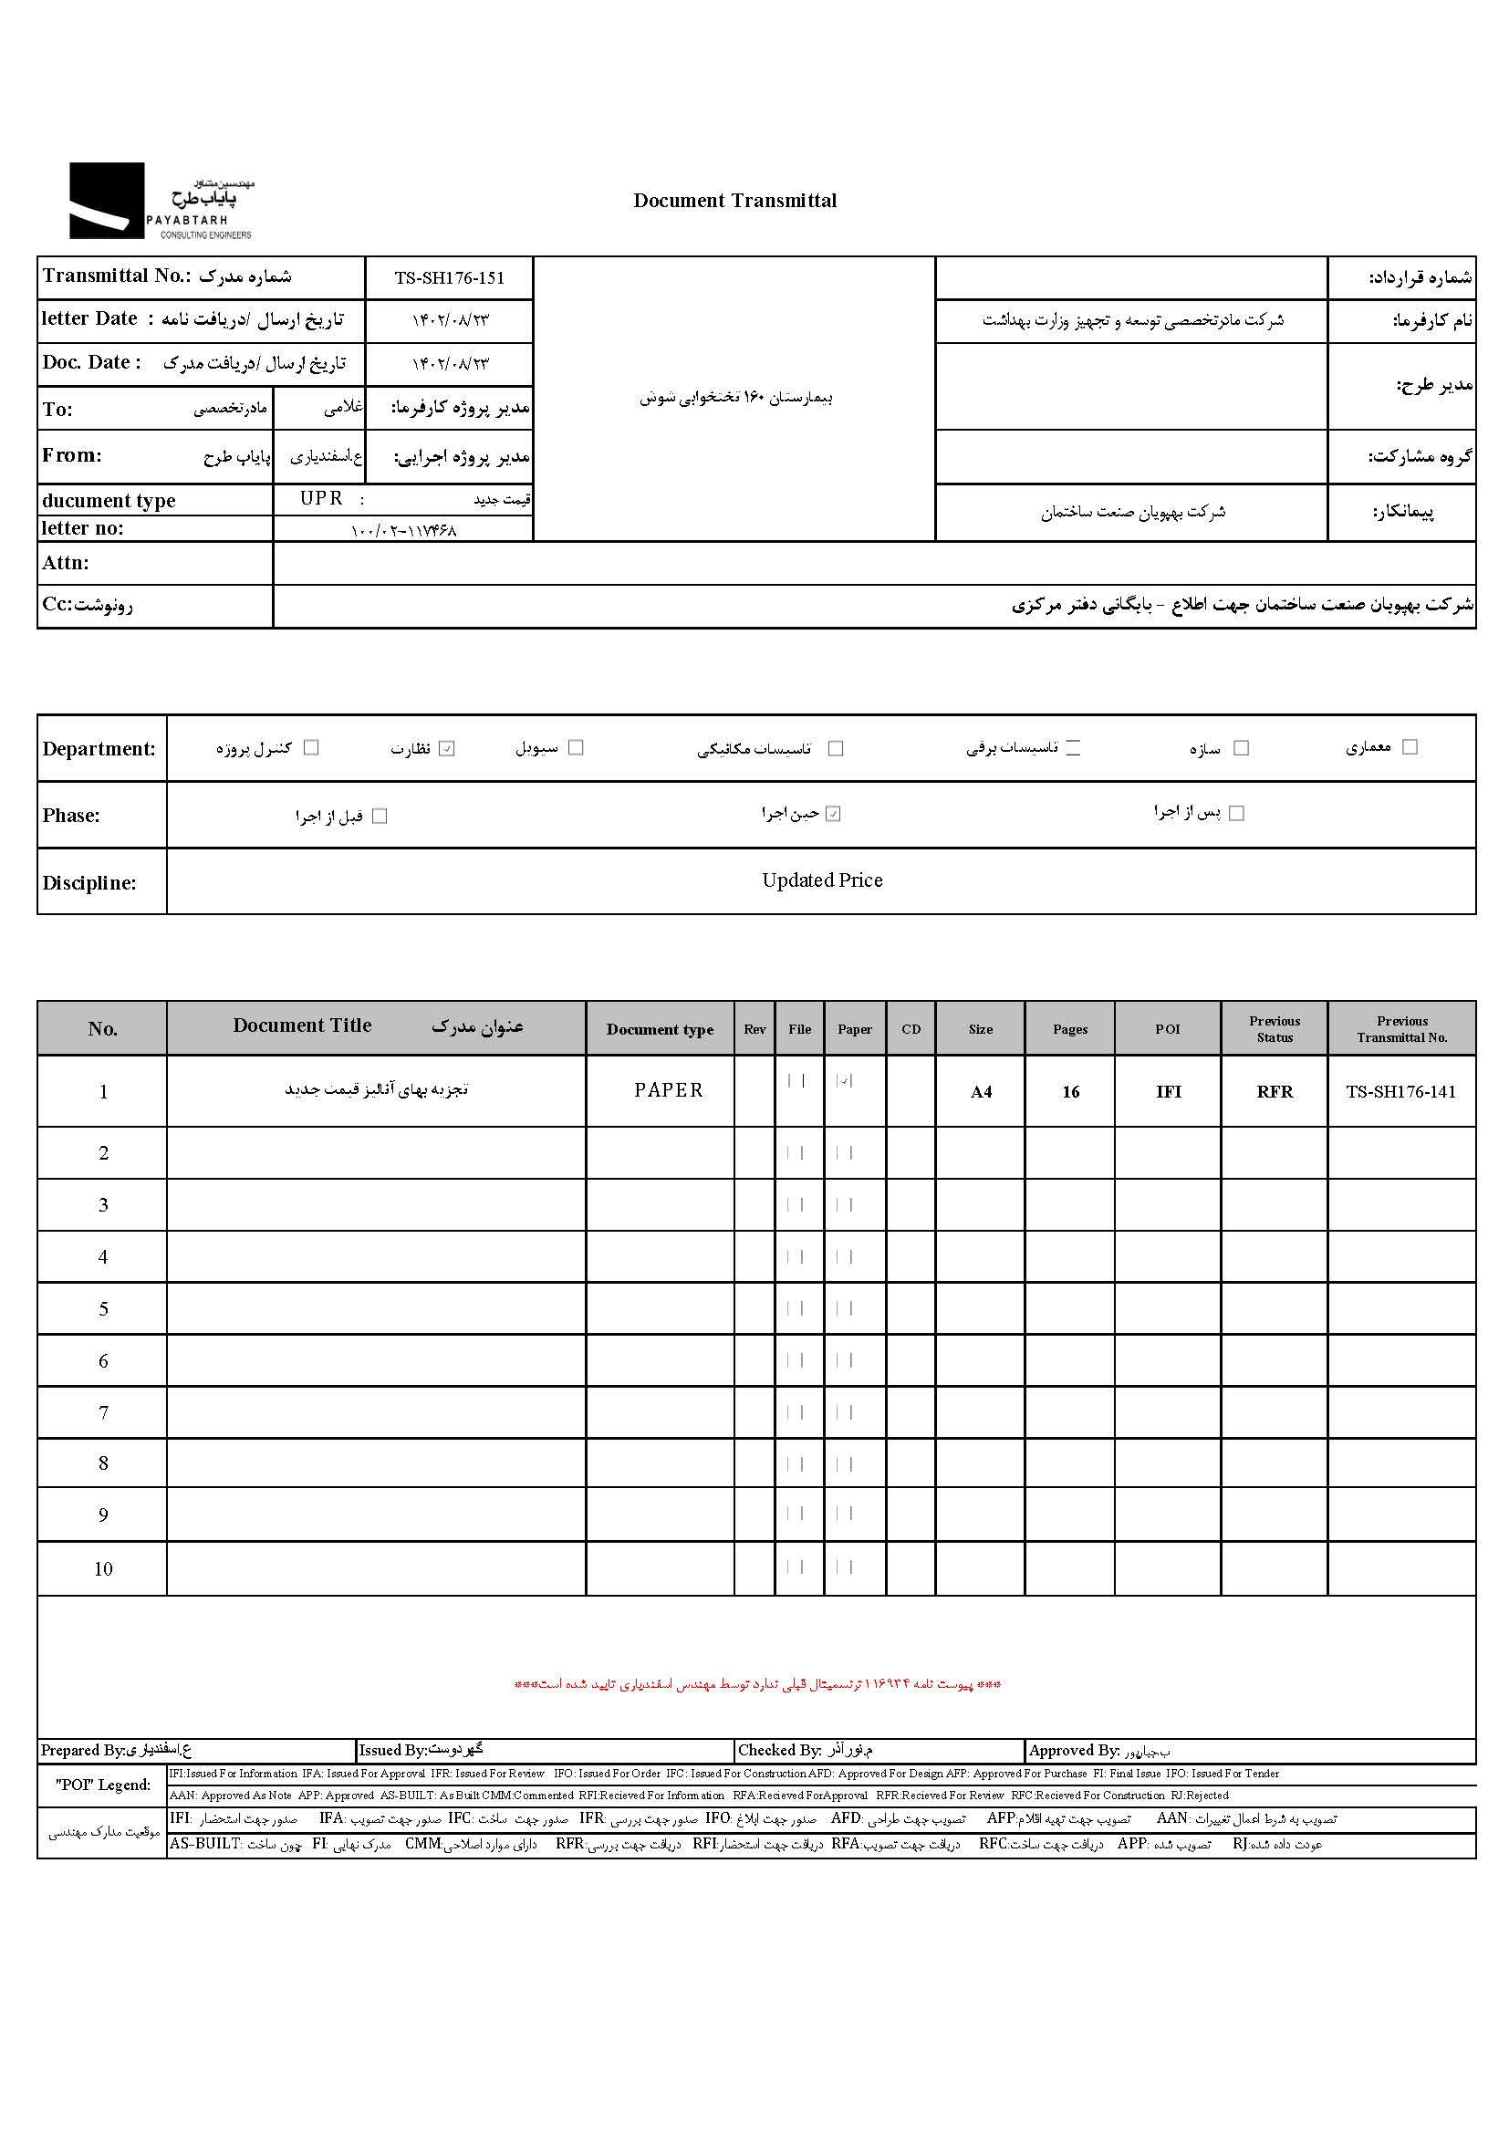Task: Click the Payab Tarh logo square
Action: [x=107, y=201]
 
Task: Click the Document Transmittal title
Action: [x=734, y=201]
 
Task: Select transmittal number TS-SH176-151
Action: [x=449, y=278]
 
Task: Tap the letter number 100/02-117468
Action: [x=403, y=531]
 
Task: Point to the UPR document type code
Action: [x=321, y=499]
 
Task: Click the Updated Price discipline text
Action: [x=821, y=880]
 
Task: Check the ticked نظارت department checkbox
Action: [x=447, y=748]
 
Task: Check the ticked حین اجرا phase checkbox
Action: [x=834, y=814]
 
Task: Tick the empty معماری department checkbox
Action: [x=1410, y=747]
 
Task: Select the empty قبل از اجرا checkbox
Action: [x=380, y=816]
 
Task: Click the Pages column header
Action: [x=1069, y=1029]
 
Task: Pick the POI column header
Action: [x=1167, y=1029]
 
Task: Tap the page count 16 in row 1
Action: [x=1070, y=1092]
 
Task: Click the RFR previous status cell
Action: [x=1274, y=1092]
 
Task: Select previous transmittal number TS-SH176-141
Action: [x=1400, y=1092]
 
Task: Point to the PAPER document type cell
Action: [x=668, y=1090]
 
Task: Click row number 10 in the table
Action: [x=103, y=1569]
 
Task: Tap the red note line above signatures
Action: [x=757, y=1684]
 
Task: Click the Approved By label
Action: [x=1073, y=1751]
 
